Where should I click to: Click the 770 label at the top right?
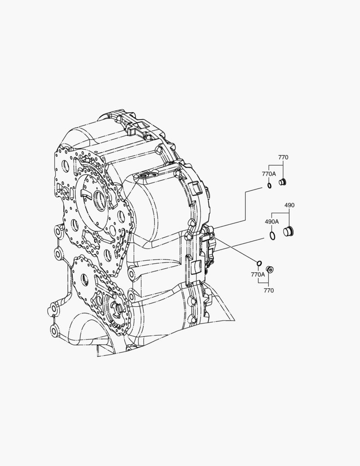(283, 157)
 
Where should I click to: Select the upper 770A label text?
(269, 173)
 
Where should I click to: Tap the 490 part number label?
(289, 205)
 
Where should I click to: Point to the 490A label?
(272, 221)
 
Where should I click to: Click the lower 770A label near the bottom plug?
(258, 274)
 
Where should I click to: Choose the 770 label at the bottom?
(268, 290)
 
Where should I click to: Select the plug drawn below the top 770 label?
(283, 182)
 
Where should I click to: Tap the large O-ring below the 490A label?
(272, 235)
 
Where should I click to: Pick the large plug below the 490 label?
(288, 231)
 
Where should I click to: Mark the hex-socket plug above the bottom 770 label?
(270, 270)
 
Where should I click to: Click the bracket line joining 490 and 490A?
(280, 213)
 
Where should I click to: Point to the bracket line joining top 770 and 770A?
(276, 165)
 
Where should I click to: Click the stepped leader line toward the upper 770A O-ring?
(245, 203)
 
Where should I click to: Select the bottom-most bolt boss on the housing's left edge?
(54, 331)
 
